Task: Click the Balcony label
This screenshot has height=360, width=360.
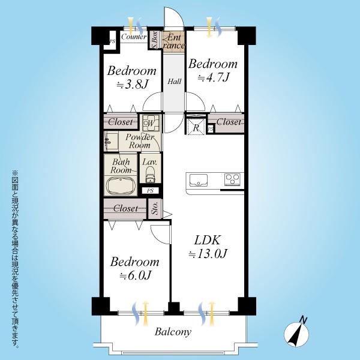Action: click(173, 332)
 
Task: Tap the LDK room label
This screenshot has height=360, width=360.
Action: click(208, 240)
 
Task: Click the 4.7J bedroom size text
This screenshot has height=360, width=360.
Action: click(213, 77)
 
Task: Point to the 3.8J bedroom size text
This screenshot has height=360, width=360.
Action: click(132, 85)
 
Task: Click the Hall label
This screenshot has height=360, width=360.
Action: click(174, 81)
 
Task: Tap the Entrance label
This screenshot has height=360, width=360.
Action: click(174, 41)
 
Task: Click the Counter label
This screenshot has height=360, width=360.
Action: click(134, 37)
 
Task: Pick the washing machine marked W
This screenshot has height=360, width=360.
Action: click(151, 123)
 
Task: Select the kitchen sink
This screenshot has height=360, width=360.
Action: click(199, 180)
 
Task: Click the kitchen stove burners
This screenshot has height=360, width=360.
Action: click(233, 179)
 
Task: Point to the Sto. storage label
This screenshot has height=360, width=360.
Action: click(155, 208)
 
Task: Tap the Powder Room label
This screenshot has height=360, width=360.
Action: click(140, 141)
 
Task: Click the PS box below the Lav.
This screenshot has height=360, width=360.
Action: click(151, 190)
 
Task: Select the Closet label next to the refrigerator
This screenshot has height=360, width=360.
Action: click(229, 122)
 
